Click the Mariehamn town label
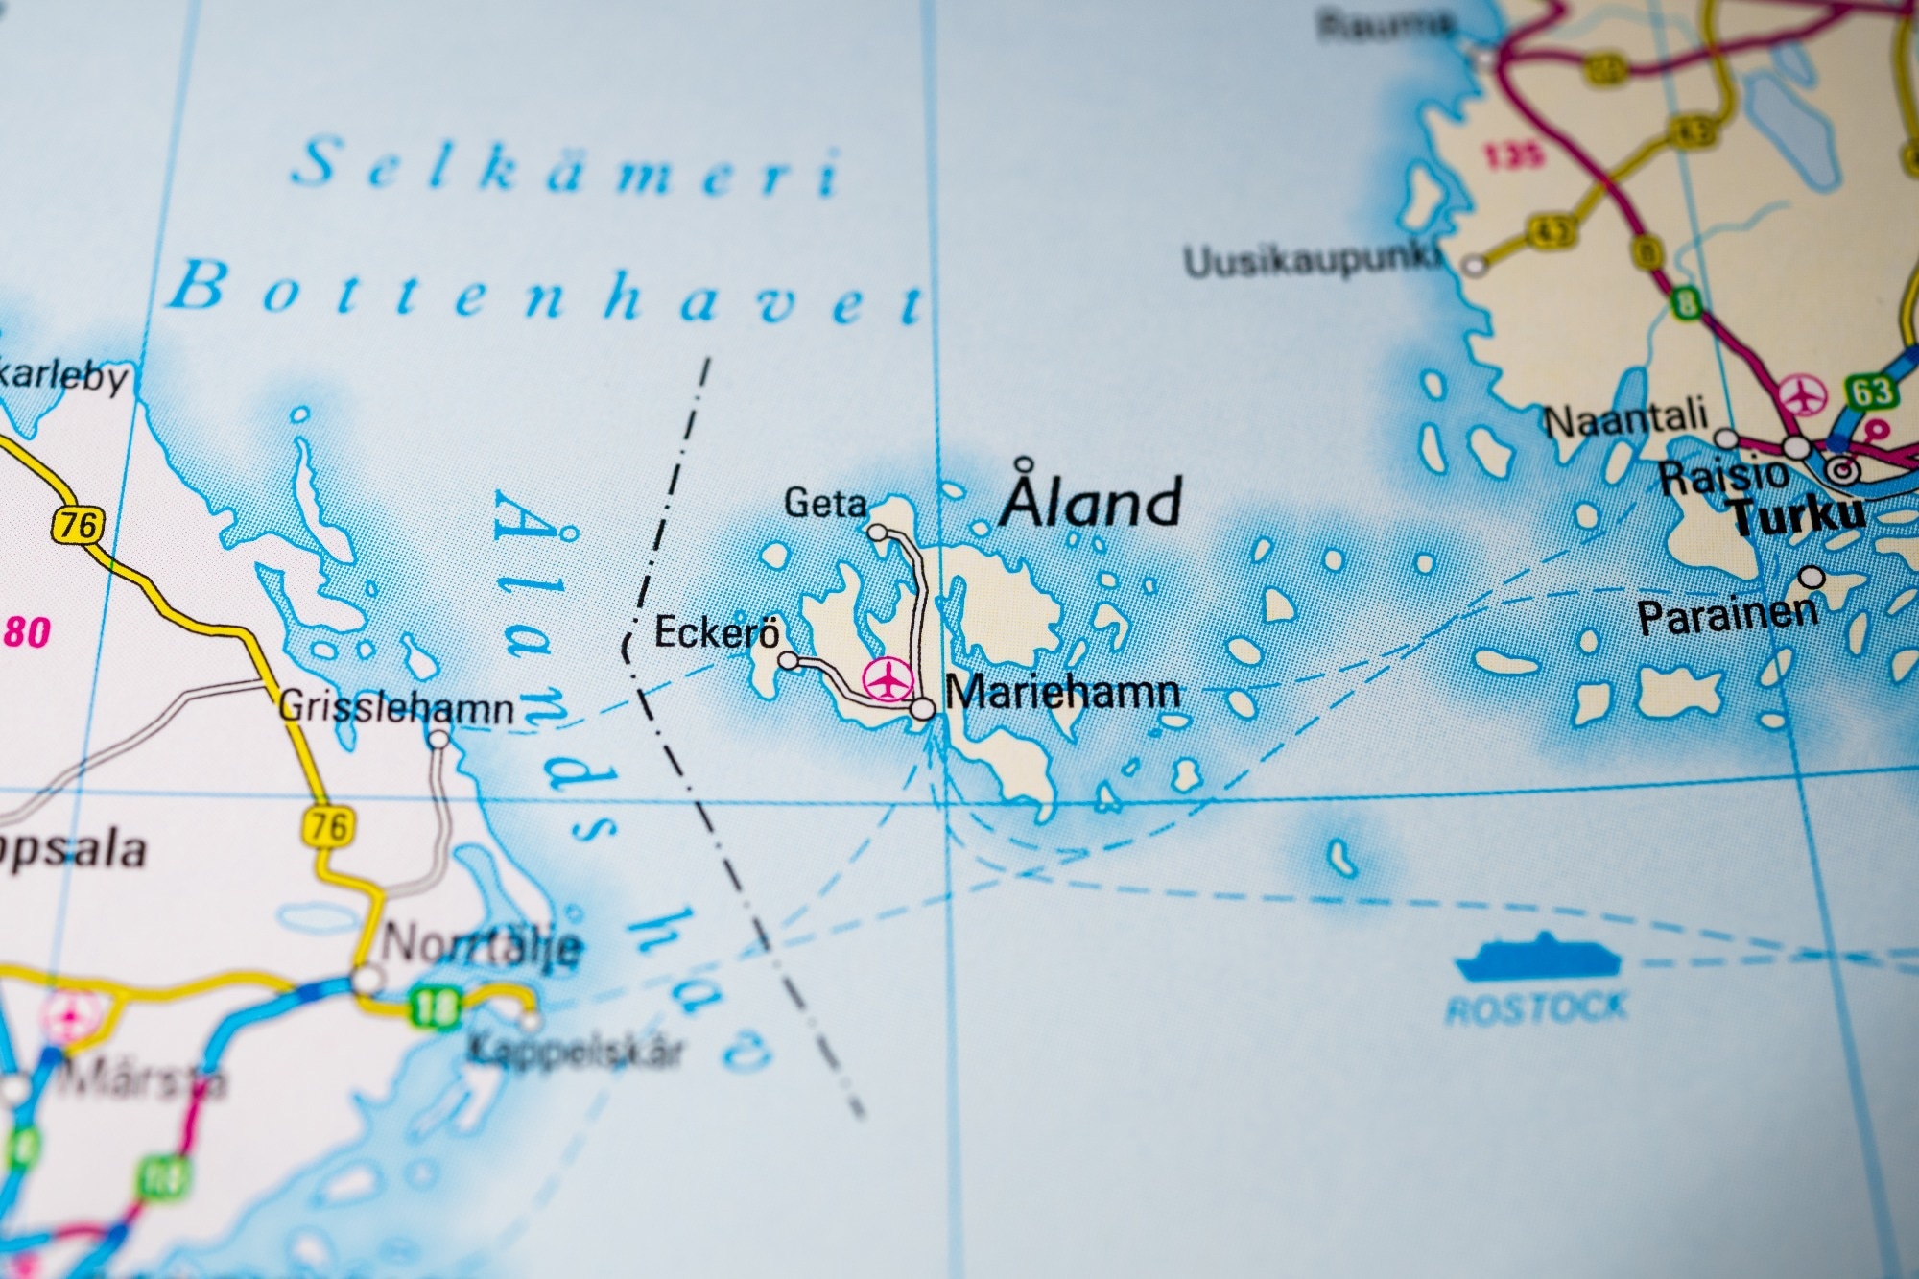coord(1062,693)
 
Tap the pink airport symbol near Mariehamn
coord(885,679)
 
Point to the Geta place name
coord(825,503)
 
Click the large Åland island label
coord(1090,501)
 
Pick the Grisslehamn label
coord(395,708)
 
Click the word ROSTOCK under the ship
coord(1537,1007)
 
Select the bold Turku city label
coord(1798,517)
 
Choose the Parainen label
coord(1727,615)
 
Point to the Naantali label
coord(1626,418)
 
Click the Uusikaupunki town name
coord(1313,261)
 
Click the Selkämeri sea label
coord(566,170)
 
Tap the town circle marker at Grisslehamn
coord(438,739)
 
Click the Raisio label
coord(1723,476)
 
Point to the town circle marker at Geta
coord(876,532)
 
